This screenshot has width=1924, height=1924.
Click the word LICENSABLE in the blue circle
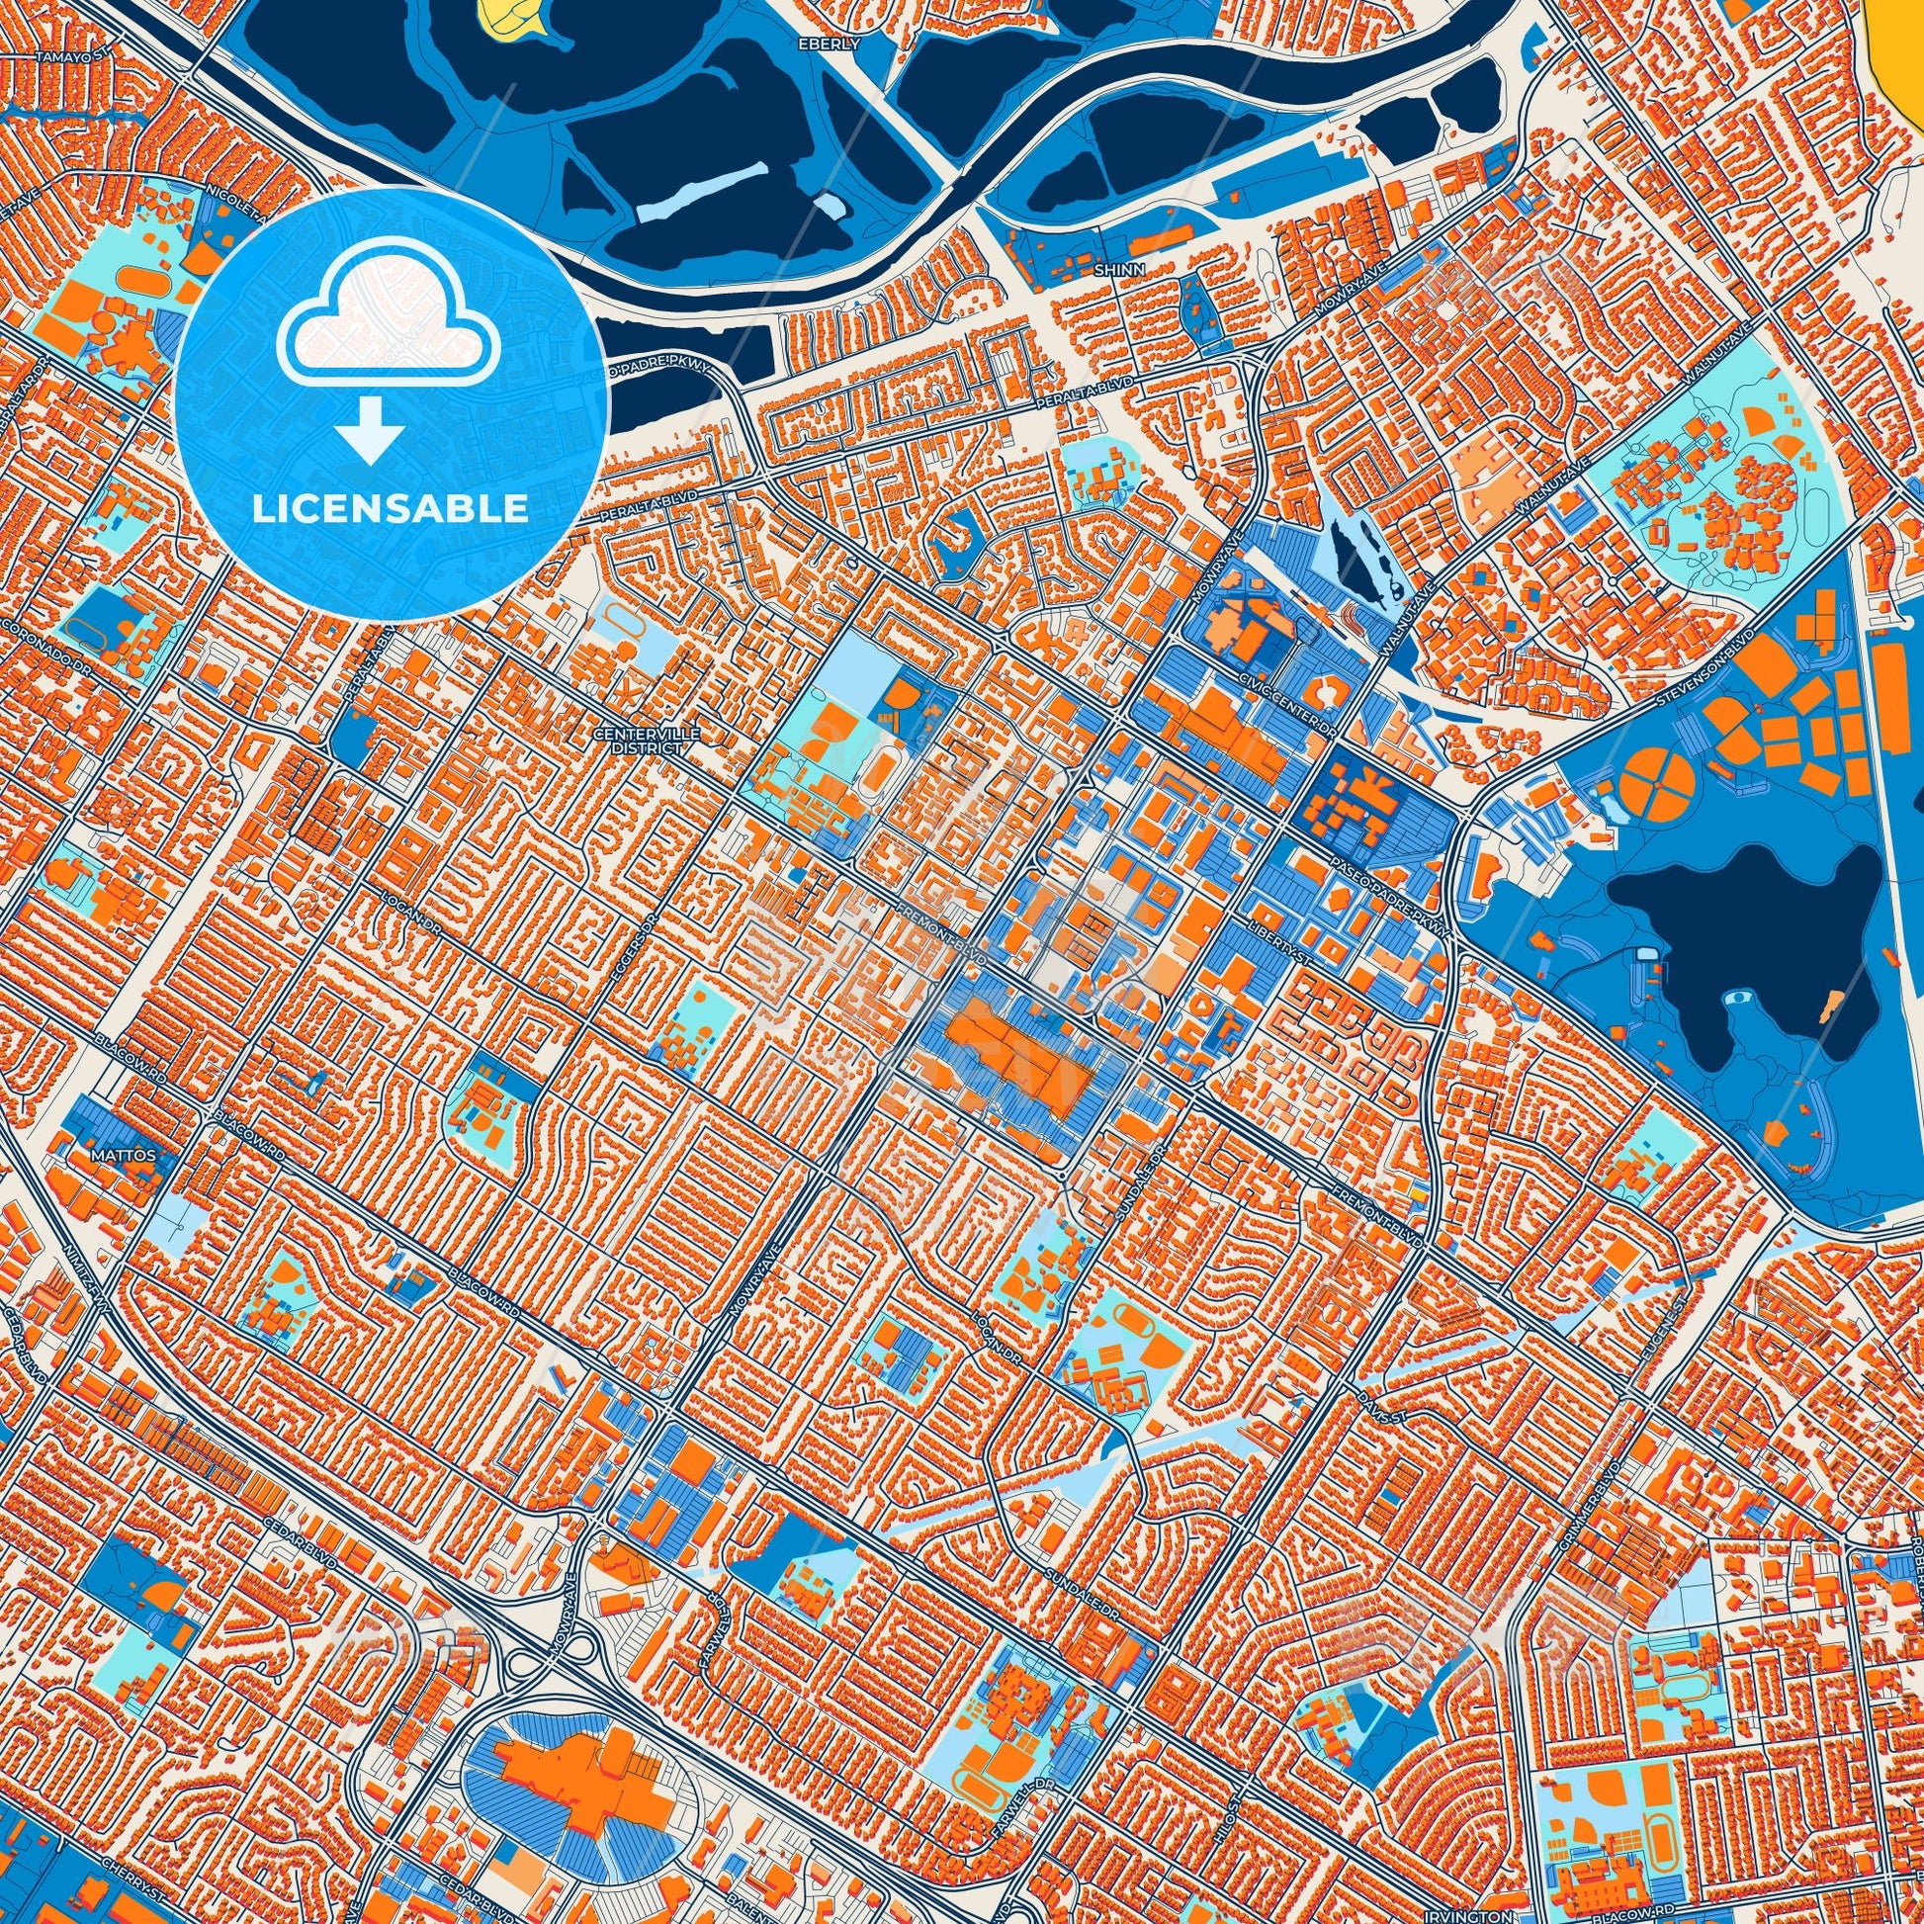[x=390, y=508]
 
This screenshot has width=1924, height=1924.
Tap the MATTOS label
[x=124, y=1156]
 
